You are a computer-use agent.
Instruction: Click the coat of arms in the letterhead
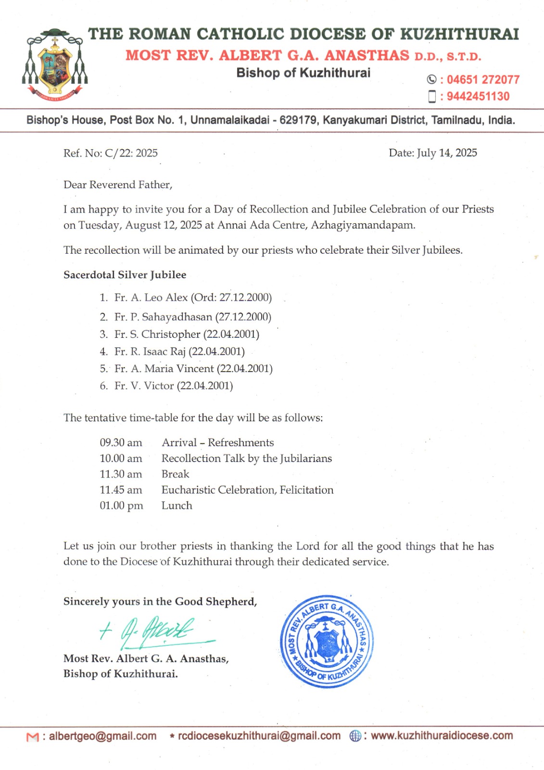(x=54, y=64)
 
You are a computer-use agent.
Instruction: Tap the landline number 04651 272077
(x=482, y=79)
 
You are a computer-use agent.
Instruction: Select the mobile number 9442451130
(x=478, y=96)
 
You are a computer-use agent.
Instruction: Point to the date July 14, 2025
(x=447, y=153)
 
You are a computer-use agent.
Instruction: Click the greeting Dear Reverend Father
(x=118, y=185)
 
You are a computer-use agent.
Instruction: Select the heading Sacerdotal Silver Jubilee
(x=125, y=275)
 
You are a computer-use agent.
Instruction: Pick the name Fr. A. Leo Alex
(x=151, y=297)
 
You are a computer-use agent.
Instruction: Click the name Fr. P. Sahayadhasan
(x=163, y=317)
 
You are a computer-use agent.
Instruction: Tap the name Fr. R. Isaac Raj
(x=150, y=351)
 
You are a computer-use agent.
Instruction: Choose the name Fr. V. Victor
(x=144, y=386)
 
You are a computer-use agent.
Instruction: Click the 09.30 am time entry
(x=121, y=443)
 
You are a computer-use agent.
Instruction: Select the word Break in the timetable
(x=175, y=474)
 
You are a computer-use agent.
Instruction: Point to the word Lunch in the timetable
(x=177, y=505)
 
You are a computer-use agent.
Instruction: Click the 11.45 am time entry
(x=121, y=490)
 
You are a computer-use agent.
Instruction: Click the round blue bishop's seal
(x=327, y=641)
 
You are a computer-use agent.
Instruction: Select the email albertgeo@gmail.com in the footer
(x=102, y=736)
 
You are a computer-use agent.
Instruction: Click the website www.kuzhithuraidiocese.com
(x=442, y=735)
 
